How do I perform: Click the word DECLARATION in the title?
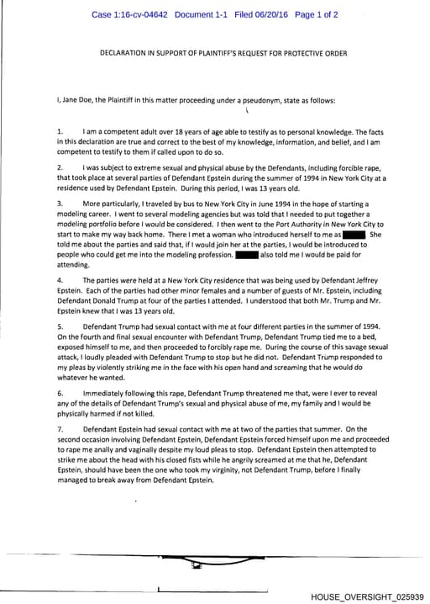(128, 54)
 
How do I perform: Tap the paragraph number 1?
(60, 132)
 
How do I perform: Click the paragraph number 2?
(60, 168)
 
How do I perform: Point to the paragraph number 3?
(60, 204)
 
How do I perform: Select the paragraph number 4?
(60, 278)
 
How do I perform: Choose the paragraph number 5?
(60, 325)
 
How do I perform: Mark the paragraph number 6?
(60, 393)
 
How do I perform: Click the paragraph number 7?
(60, 429)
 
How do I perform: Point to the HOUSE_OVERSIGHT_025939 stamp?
(367, 596)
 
